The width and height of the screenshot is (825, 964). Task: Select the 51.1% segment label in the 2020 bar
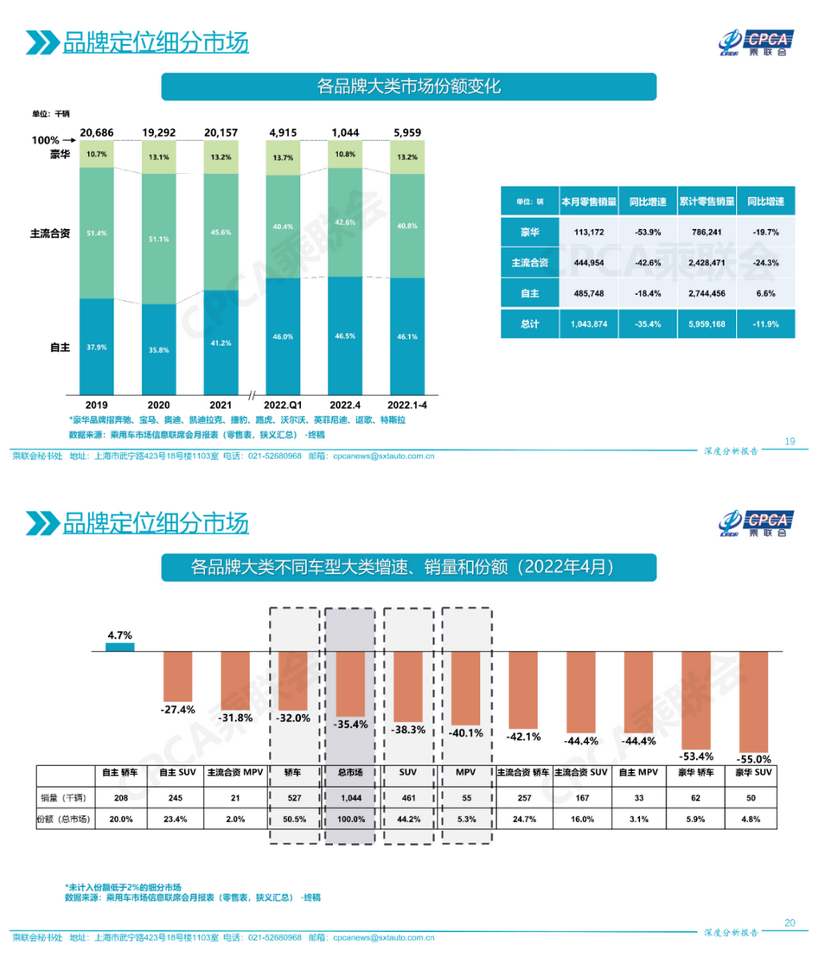pyautogui.click(x=158, y=239)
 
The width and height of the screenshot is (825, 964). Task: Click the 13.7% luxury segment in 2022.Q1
pyautogui.click(x=283, y=157)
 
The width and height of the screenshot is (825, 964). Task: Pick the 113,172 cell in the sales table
pyautogui.click(x=587, y=232)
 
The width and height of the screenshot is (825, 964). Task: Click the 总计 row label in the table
pyautogui.click(x=529, y=323)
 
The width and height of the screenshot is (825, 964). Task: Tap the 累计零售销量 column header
pyautogui.click(x=706, y=201)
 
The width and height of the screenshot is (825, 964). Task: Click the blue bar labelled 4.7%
pyautogui.click(x=120, y=647)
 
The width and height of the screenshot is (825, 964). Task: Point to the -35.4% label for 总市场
pyautogui.click(x=350, y=725)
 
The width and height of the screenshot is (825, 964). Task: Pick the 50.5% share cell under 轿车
pyautogui.click(x=292, y=817)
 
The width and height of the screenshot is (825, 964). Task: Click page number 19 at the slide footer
pyautogui.click(x=789, y=442)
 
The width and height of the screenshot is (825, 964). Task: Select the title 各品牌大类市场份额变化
pyautogui.click(x=409, y=86)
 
